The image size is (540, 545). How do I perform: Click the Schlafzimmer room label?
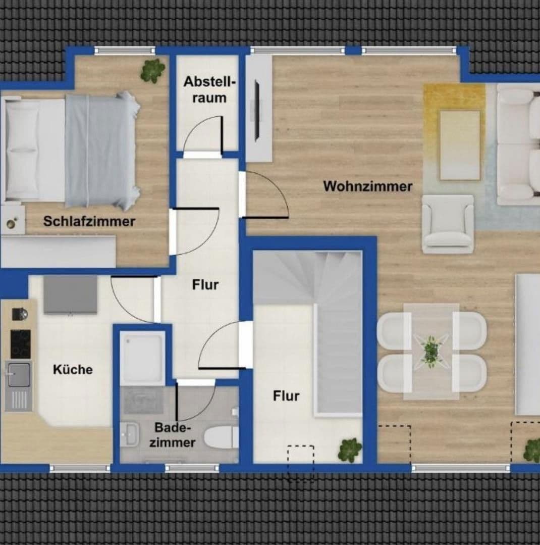coord(89,221)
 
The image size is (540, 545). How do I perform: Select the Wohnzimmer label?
coord(367,186)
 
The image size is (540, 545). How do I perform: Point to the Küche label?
coord(73,369)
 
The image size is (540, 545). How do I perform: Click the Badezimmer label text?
coord(175,435)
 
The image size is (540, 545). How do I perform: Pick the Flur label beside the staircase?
coord(286,396)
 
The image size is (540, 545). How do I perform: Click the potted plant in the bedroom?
coord(152,70)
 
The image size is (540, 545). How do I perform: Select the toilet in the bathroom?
coord(221,436)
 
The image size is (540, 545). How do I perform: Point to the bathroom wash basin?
coord(130,434)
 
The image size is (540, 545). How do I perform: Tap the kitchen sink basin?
coord(19,374)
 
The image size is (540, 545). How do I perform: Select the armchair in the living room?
coord(448,224)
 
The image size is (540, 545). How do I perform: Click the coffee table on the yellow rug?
coord(459,145)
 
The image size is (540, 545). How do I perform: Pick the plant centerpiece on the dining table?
coord(430,350)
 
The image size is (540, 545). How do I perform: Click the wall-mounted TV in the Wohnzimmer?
coord(257,110)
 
